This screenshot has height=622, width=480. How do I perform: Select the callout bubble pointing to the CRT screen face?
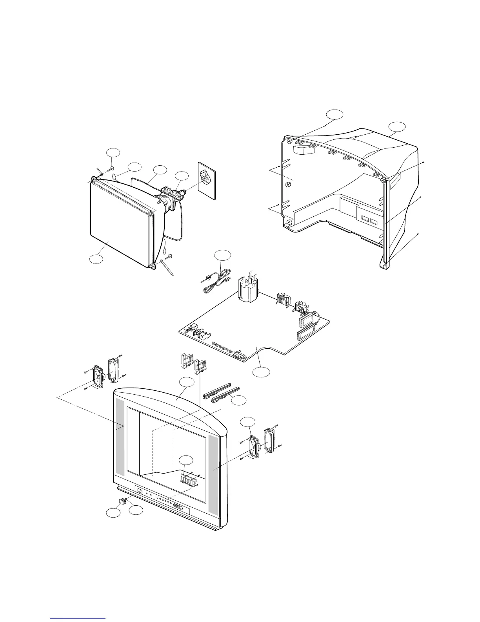pos(96,259)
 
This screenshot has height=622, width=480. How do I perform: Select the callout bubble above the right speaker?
pos(248,422)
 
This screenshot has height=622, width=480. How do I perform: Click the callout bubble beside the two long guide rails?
pos(239,401)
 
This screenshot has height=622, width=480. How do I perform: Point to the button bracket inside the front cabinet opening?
pos(190,479)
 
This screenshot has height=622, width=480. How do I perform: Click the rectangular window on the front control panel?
pos(139,490)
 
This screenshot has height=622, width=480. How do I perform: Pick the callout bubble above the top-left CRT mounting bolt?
pos(113,152)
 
